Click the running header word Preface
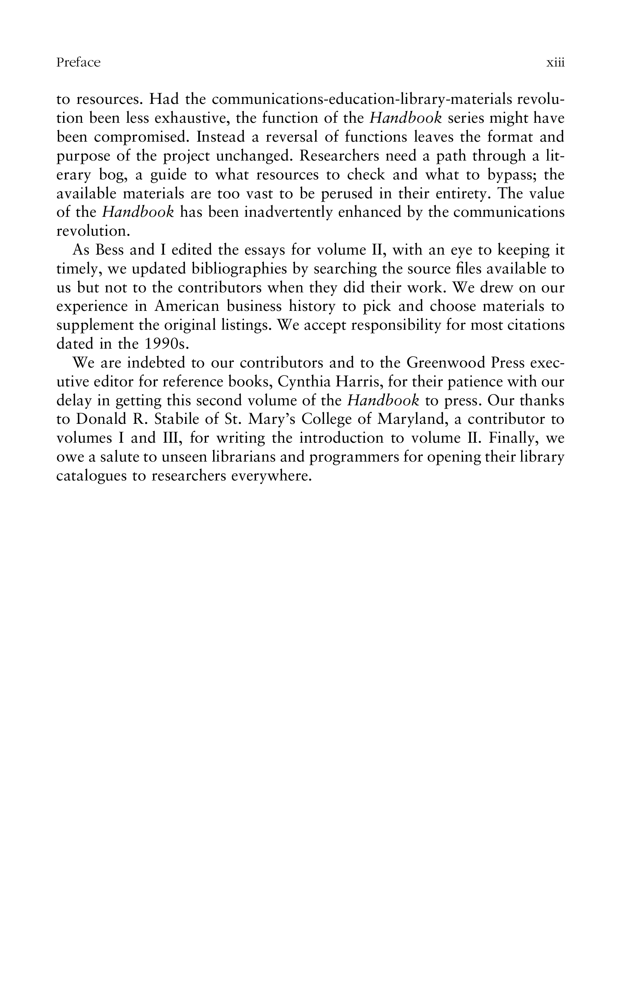(x=78, y=62)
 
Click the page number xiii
(x=555, y=62)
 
